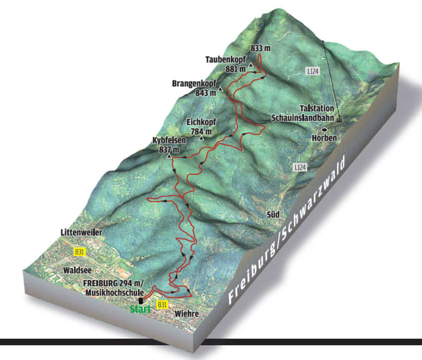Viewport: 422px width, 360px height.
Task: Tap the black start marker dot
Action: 140,300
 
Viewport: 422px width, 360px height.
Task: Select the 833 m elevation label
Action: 260,48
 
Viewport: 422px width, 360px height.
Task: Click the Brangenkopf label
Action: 194,84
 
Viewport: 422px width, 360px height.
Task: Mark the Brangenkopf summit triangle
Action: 220,90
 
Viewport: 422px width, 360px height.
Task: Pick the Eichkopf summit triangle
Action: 202,139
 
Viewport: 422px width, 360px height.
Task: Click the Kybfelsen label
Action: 170,141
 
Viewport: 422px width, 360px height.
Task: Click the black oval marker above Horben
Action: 324,129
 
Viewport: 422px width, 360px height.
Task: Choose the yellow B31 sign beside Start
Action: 162,304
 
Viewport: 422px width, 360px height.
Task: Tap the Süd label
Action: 272,214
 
